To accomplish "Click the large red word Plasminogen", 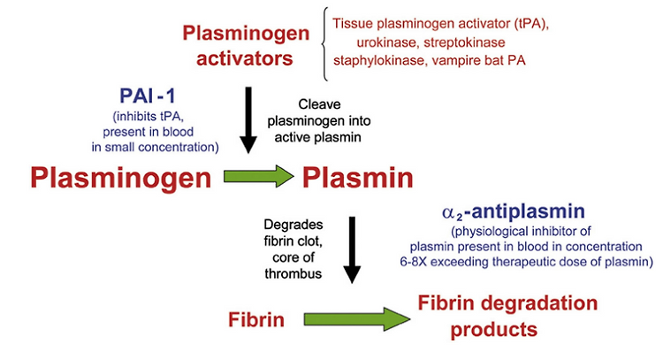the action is [121, 179].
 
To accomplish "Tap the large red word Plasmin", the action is [358, 178].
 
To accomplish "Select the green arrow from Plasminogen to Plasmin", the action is [259, 176].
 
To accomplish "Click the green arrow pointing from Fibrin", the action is [357, 319].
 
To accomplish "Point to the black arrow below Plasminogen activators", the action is [248, 120].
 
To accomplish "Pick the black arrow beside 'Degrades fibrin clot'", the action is [352, 249].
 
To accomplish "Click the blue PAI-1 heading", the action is [147, 96].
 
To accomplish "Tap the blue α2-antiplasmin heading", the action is [514, 211].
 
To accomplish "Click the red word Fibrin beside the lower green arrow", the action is [256, 319].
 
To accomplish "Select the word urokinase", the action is [388, 42].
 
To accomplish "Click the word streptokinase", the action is [464, 42].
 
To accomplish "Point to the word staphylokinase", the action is [379, 60].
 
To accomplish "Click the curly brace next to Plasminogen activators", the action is [324, 44].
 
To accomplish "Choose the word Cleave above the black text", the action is [319, 104].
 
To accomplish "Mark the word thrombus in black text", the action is [293, 273].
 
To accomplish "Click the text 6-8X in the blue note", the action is [414, 262].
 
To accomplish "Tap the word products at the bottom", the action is [494, 330].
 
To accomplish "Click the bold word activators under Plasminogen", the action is [244, 58].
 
